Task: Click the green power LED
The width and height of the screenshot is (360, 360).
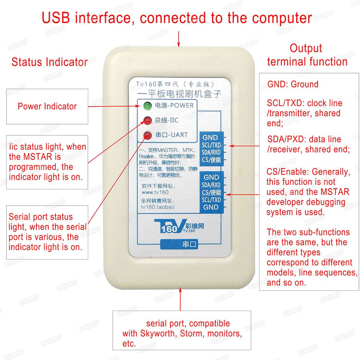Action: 147,106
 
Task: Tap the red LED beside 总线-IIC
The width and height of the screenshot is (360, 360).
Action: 147,120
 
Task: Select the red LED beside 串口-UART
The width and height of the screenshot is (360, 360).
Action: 147,135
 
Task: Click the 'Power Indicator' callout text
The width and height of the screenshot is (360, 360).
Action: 47,106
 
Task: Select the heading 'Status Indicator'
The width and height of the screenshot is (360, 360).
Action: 49,62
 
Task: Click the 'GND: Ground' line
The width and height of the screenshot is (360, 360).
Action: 293,85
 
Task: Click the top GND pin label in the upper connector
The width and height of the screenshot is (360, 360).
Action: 210,138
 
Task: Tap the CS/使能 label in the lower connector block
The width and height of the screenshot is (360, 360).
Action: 211,192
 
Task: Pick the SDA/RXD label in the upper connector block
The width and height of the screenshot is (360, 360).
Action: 211,153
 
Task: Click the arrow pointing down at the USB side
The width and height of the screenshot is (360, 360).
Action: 179,39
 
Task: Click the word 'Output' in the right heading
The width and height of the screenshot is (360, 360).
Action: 306,48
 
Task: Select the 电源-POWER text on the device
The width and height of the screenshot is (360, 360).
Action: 174,106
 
